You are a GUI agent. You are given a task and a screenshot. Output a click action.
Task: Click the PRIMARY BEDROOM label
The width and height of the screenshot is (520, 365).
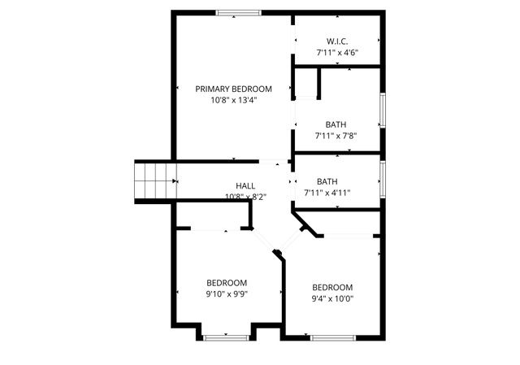[233, 89]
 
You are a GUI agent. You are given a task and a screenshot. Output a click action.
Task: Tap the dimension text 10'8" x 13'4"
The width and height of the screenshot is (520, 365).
[233, 101]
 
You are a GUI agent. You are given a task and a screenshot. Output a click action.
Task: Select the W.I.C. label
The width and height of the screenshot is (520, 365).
[337, 41]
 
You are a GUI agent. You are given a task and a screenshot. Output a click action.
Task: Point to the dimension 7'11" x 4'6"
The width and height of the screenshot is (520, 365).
[337, 53]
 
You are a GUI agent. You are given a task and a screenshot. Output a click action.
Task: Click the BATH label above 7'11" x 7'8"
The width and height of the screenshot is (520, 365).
[336, 124]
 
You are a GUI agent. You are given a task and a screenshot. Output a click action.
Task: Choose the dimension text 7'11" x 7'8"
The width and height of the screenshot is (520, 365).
[336, 136]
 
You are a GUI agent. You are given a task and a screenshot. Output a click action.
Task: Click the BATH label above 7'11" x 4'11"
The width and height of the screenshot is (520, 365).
[327, 181]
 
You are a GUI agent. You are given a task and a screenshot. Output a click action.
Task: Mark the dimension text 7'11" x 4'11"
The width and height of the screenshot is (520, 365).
[327, 193]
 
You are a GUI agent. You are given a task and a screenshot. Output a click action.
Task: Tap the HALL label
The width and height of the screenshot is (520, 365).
[245, 185]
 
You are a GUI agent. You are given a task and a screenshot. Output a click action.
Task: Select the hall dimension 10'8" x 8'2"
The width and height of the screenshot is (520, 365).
[245, 197]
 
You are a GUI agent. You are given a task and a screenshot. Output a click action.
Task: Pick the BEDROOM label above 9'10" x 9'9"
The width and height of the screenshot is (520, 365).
[226, 283]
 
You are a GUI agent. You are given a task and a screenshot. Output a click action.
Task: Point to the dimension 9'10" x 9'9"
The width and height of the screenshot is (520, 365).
[226, 294]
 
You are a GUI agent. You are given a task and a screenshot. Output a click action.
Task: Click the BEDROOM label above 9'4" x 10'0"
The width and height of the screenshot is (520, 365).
[333, 287]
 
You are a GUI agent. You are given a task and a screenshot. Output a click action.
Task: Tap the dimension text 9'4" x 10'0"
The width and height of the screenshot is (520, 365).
[333, 298]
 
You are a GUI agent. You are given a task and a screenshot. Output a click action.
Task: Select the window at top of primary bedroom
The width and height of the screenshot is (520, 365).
[238, 12]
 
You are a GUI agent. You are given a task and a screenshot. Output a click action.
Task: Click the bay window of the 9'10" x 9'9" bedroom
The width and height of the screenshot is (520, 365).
[227, 337]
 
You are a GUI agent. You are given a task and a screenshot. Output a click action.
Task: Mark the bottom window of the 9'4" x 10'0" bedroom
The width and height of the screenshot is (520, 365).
[331, 337]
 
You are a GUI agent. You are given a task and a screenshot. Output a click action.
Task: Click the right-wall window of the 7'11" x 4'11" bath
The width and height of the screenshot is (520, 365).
[382, 179]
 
